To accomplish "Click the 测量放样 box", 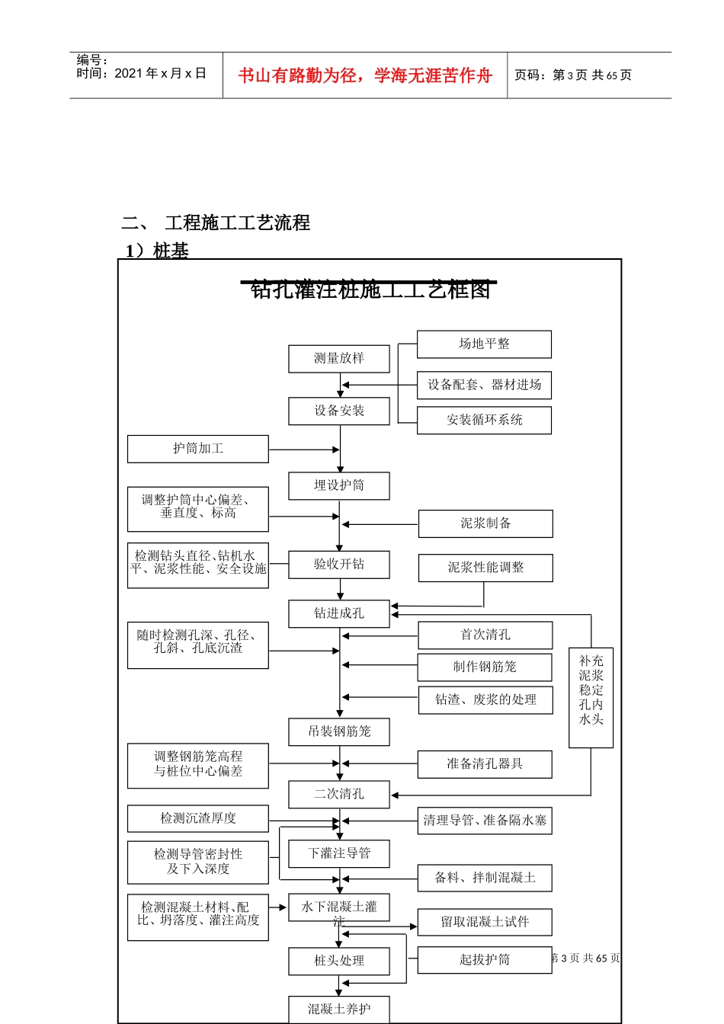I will pos(339,358).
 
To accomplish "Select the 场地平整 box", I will pos(484,344).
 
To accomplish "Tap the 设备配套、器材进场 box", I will pos(484,385).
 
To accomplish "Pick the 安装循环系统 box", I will pos(484,420).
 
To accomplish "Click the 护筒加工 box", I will pos(198,449).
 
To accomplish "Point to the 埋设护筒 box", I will pos(339,485).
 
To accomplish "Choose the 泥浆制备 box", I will pos(485,523).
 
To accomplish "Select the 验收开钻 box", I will pos(339,565).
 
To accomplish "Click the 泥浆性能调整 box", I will pos(485,568).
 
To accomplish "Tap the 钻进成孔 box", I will pos(339,613).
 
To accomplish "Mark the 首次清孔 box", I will pos(485,635).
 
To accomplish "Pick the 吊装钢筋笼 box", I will pos(339,731).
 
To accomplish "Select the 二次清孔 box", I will pos(339,794).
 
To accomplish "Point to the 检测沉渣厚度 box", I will pos(198,818).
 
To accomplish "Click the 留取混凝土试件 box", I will pos(485,922).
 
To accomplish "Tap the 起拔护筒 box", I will pos(485,960).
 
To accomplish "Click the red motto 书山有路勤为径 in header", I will pos(365,75).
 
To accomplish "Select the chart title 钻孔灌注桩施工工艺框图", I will pos(370,290).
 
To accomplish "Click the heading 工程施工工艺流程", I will pos(237,223).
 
